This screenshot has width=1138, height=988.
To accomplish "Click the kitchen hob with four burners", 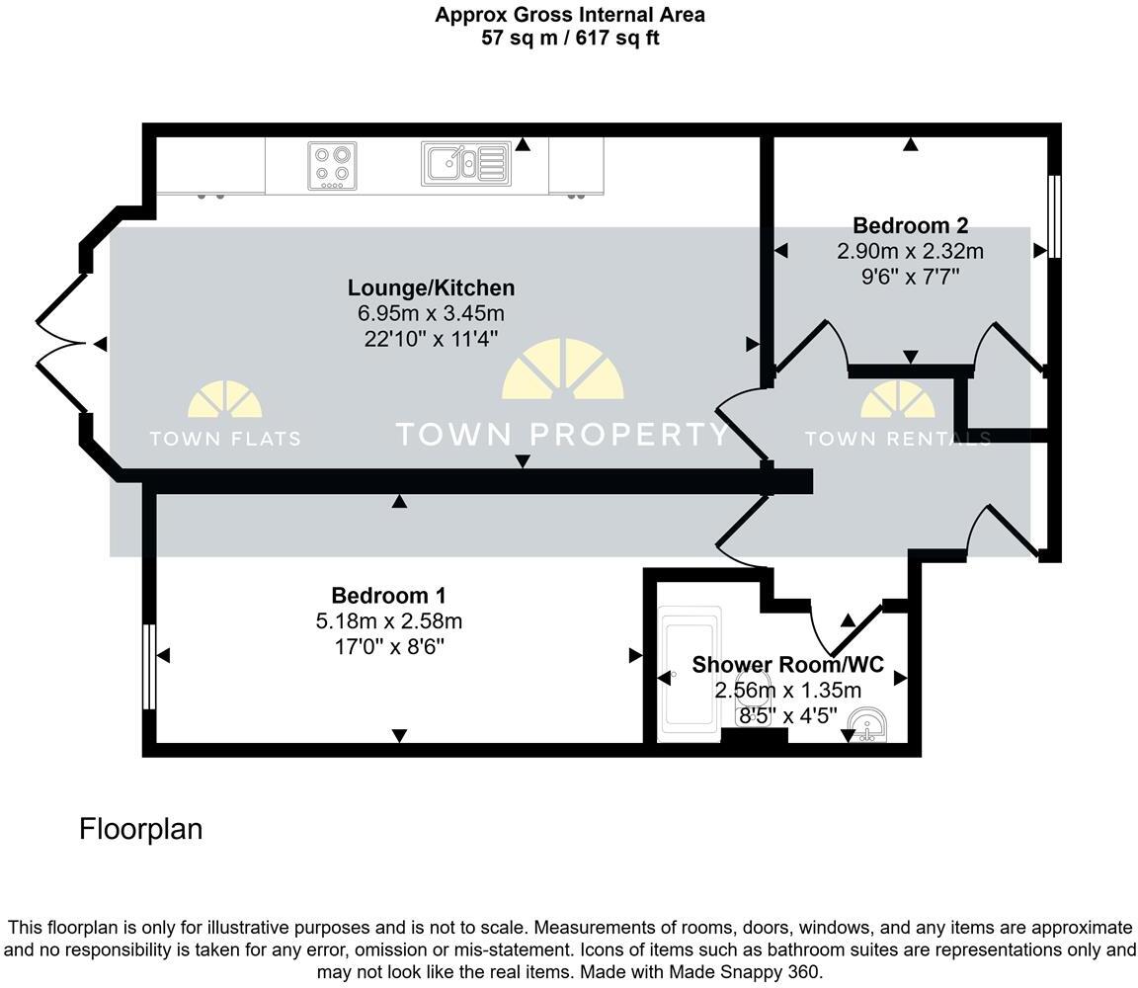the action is [332, 166].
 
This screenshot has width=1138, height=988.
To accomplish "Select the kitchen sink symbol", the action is [466, 163].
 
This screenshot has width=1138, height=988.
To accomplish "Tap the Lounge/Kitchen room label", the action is [431, 288].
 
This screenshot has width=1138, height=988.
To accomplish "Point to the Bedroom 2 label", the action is [910, 226].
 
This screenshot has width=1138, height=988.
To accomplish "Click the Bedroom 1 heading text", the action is [389, 595].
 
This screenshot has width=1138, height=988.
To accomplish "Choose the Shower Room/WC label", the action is [788, 664].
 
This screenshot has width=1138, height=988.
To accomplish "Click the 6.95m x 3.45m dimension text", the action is [431, 313].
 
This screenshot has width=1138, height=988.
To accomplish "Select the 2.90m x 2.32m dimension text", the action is [910, 251].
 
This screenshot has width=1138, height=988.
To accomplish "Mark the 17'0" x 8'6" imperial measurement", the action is [389, 646].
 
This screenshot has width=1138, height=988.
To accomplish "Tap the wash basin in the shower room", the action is [867, 725].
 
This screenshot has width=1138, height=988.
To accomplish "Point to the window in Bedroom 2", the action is [1055, 216].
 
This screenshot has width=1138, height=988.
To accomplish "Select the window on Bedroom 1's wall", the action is [149, 667].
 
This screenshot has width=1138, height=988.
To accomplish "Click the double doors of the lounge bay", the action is [63, 343].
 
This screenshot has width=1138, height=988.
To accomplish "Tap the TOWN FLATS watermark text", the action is [225, 439].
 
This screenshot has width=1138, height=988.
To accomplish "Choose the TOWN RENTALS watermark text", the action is [898, 439].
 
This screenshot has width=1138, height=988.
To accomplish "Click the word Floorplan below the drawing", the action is [141, 829].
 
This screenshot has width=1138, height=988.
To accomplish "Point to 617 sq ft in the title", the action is [617, 38].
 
